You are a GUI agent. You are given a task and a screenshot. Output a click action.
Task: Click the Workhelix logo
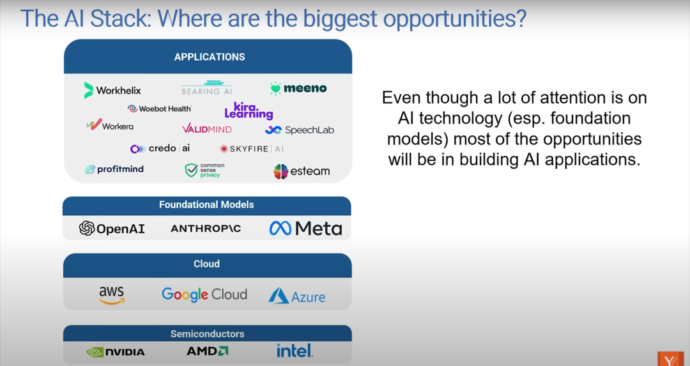[x=112, y=90]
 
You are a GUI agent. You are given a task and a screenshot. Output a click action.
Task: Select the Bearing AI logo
[x=207, y=88]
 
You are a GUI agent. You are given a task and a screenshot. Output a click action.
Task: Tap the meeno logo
[x=298, y=88]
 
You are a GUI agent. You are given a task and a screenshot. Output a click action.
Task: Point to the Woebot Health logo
[x=160, y=109]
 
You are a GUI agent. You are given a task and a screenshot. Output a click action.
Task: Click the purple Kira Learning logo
[x=249, y=111]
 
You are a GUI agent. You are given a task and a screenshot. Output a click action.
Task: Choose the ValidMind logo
[x=207, y=129]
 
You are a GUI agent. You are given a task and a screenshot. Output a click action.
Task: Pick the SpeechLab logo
[x=300, y=130]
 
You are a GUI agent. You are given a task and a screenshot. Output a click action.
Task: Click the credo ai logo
[x=160, y=149]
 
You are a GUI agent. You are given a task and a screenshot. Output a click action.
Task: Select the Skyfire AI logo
[x=252, y=149]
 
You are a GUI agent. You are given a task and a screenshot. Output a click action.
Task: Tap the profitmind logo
[x=114, y=169]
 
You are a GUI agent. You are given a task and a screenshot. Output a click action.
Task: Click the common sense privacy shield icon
[x=191, y=171]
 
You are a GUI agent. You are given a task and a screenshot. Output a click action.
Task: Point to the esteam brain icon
[x=280, y=172]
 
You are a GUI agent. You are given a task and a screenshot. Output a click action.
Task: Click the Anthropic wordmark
[x=206, y=228]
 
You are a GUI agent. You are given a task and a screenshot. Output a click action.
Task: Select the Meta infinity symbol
[x=280, y=228]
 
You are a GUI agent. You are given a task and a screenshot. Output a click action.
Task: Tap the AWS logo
[x=111, y=295]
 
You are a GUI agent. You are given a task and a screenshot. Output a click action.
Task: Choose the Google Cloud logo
[x=204, y=294]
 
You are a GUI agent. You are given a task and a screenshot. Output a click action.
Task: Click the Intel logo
[x=295, y=351]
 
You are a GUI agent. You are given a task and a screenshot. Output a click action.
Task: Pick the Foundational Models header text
[x=206, y=204]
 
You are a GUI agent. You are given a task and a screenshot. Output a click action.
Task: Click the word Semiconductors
[x=207, y=334]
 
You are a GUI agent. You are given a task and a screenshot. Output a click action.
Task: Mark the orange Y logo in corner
[x=670, y=359]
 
